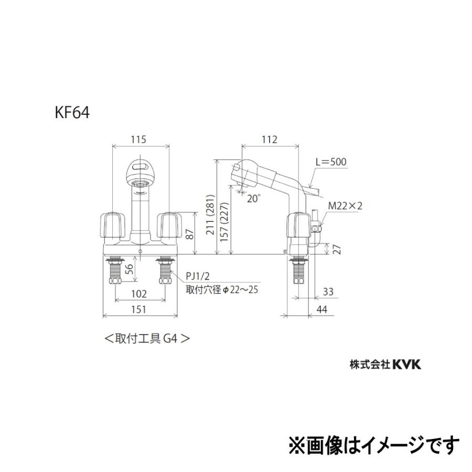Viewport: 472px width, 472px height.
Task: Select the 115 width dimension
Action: [x=138, y=140]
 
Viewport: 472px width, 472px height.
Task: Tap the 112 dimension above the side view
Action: [x=269, y=140]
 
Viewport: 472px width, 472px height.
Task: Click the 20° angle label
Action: [x=254, y=198]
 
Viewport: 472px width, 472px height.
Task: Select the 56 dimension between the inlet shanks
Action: [x=126, y=269]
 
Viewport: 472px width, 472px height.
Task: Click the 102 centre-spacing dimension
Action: [x=138, y=294]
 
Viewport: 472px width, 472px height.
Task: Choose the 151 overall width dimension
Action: [x=138, y=309]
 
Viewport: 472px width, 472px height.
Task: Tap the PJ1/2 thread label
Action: [x=197, y=277]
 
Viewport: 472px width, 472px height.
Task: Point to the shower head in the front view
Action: [x=139, y=174]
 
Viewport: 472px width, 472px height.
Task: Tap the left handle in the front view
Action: [x=113, y=224]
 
